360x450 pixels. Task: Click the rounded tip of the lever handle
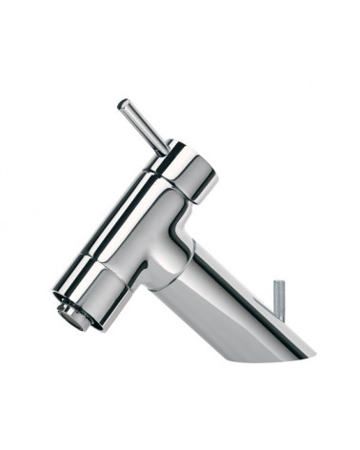123,105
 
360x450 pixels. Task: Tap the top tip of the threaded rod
278,284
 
